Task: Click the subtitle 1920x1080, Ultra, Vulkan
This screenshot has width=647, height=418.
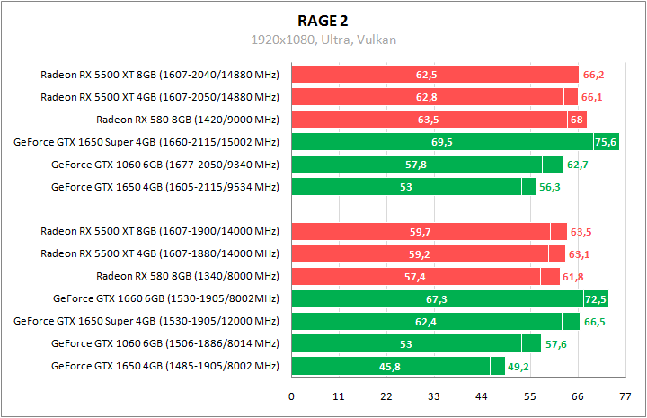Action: [x=323, y=40]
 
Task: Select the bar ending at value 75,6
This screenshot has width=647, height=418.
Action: [x=455, y=142]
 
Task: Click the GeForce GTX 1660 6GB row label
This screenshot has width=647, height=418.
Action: [x=166, y=298]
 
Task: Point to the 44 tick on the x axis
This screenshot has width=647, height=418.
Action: [x=481, y=396]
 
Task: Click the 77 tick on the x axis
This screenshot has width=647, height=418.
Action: [x=624, y=396]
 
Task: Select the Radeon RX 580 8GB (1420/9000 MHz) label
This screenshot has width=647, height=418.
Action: [x=187, y=119]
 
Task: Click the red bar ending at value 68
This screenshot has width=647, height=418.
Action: [x=439, y=119]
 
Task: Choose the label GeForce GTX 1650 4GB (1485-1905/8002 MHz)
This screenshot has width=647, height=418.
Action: [x=165, y=366]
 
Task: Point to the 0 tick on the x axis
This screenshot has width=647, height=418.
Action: [x=291, y=396]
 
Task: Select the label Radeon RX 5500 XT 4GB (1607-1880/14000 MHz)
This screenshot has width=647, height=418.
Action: [x=160, y=253]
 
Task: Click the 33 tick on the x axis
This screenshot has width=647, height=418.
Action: [x=433, y=396]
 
